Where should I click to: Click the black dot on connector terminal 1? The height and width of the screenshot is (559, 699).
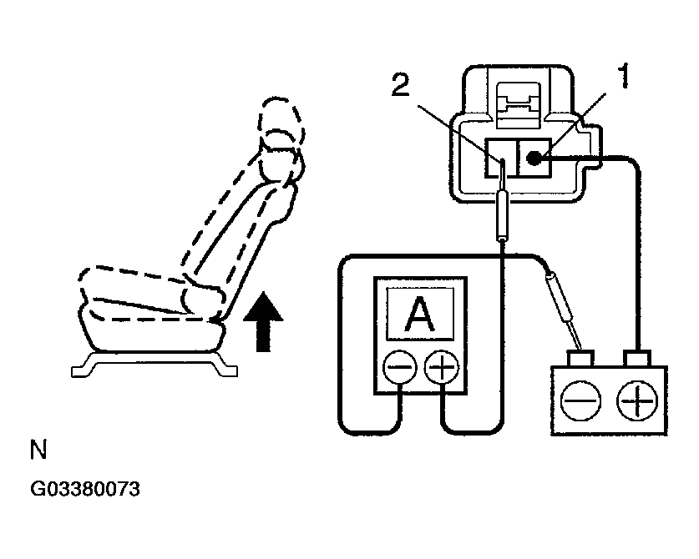pos(534,156)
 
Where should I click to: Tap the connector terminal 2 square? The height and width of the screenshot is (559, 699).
pos(500,157)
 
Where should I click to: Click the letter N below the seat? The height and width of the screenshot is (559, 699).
pos(38,451)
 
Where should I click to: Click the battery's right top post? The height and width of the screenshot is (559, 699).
pos(638,359)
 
